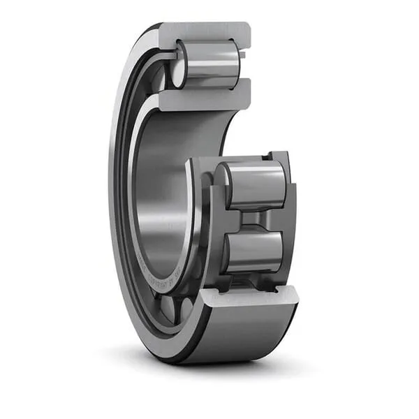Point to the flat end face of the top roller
[x=179, y=64]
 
